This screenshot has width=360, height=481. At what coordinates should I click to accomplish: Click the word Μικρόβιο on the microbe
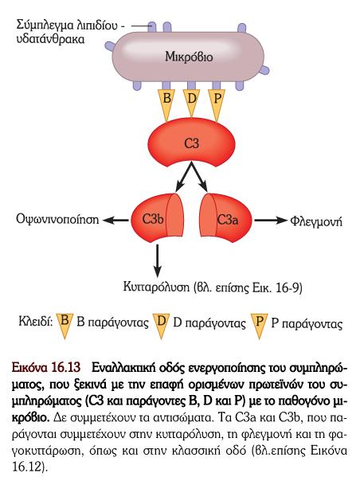189,57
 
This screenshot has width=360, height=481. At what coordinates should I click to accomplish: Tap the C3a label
228,220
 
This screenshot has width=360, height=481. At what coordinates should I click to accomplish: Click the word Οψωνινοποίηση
57,220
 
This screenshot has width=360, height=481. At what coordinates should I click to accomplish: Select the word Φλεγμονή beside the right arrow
316,221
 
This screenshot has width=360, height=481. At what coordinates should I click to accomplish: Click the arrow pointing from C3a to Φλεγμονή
270,221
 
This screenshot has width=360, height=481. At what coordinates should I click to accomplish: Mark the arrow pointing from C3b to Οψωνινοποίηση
115,220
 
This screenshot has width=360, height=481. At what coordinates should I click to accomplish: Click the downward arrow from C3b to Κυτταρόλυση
157,260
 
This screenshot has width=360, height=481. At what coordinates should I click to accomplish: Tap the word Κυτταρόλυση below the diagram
156,287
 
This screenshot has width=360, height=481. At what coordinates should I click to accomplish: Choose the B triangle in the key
65,325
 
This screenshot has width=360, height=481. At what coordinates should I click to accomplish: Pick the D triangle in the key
162,325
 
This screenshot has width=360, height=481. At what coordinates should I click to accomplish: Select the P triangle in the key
260,325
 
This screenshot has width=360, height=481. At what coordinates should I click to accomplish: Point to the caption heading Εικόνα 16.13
46,367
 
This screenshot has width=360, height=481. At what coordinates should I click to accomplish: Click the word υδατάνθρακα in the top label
50,39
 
